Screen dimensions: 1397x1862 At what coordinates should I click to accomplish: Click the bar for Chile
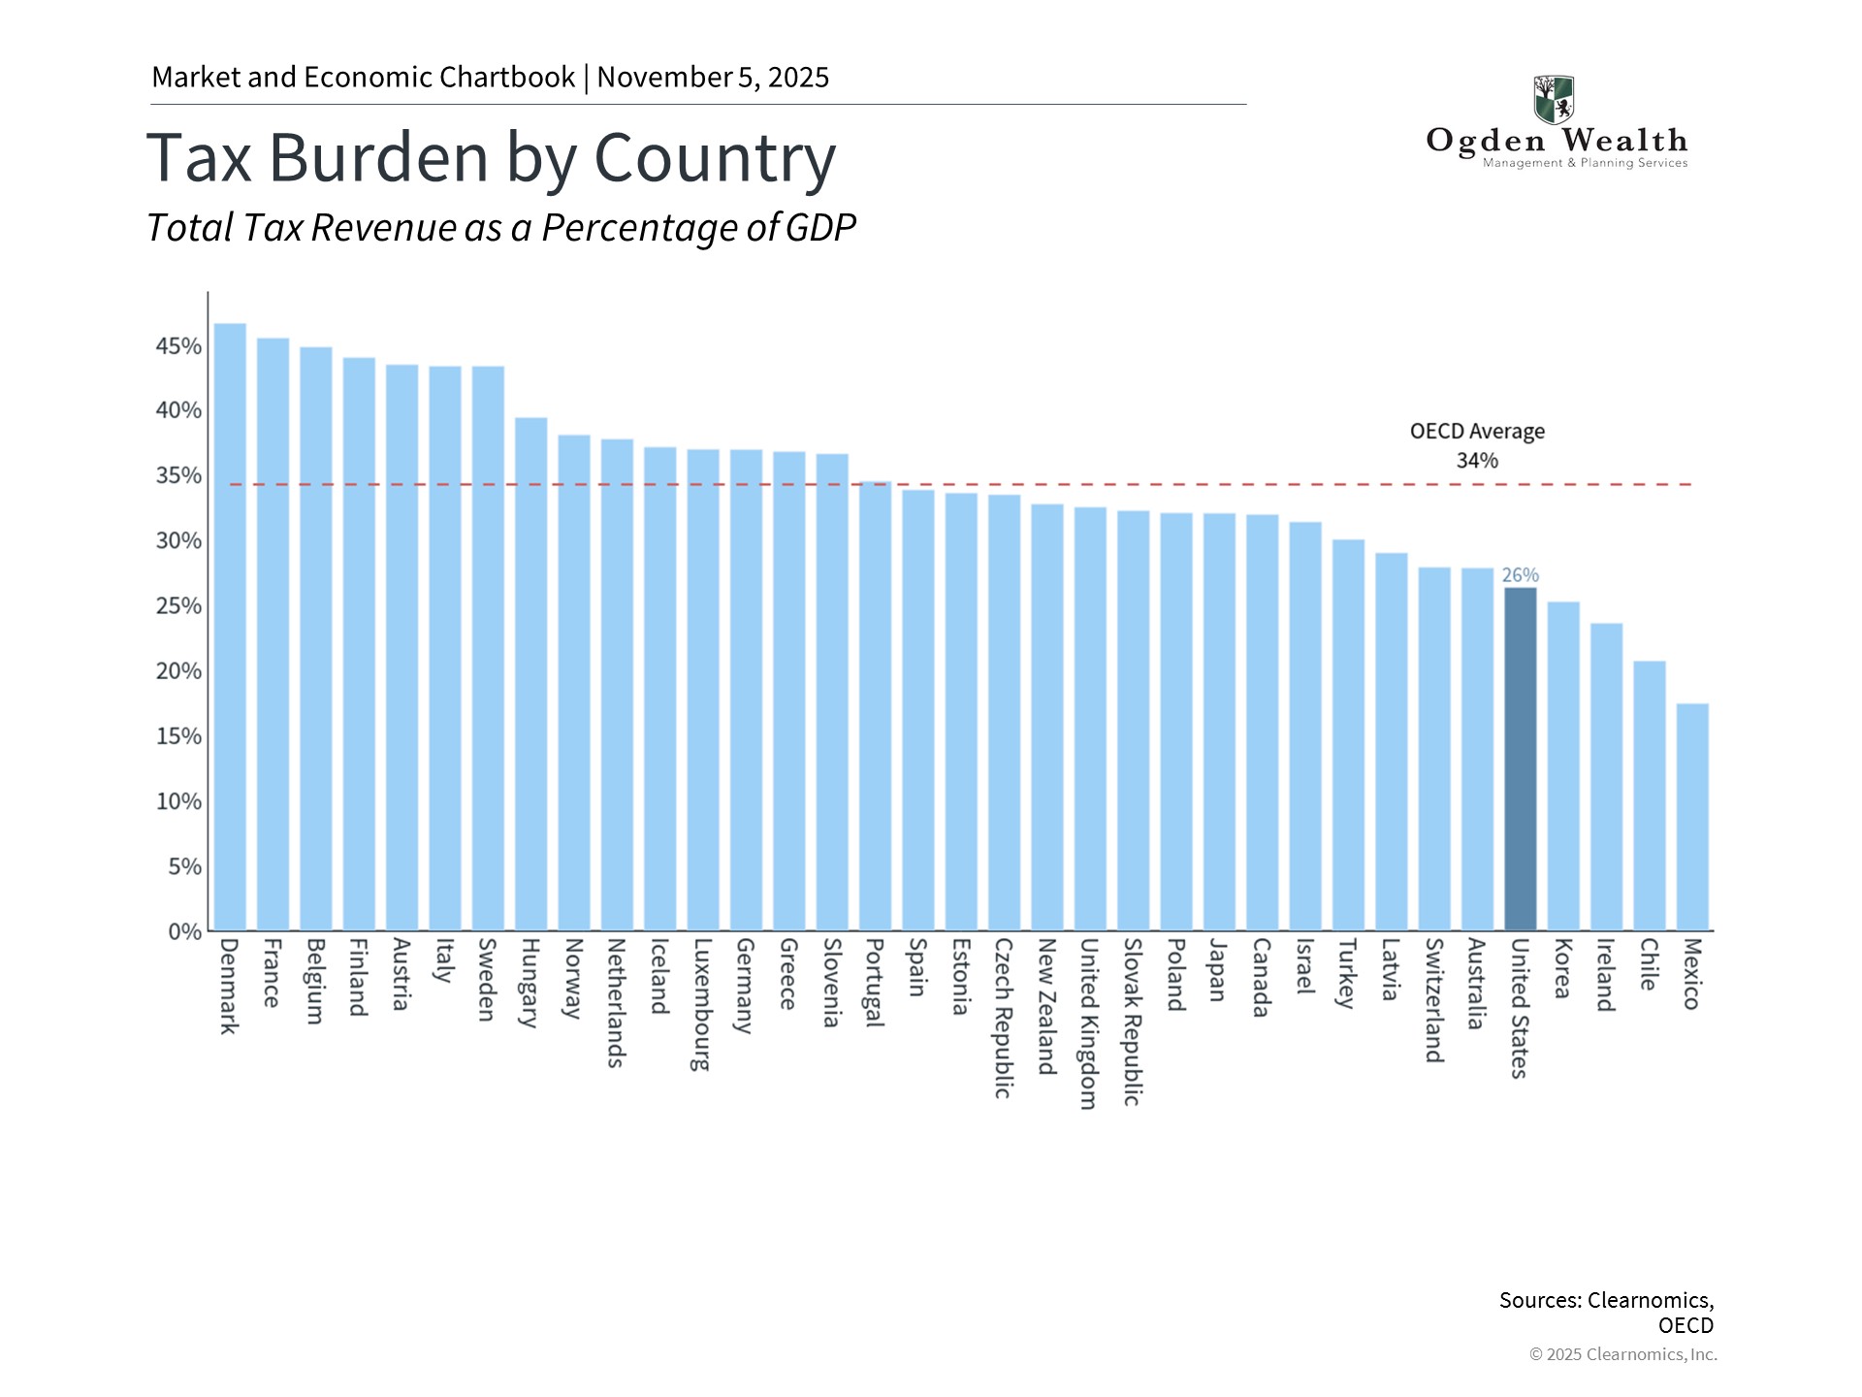click(x=1649, y=796)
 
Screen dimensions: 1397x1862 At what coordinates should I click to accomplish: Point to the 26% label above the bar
click(x=1520, y=575)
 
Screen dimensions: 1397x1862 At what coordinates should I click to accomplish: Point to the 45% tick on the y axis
click(x=178, y=346)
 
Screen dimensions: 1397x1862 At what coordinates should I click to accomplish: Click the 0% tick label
click(x=184, y=932)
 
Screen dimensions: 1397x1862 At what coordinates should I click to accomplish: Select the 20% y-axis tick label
click(x=178, y=671)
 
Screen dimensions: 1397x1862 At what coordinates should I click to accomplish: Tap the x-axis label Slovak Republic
click(x=1132, y=1021)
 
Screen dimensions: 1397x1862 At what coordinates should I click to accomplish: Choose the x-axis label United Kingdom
click(x=1089, y=1023)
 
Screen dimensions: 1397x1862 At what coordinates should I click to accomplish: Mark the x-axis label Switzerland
click(x=1434, y=999)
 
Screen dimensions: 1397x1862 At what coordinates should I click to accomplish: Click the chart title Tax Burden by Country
click(x=491, y=158)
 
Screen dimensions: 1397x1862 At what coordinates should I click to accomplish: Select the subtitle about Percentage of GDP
click(x=500, y=228)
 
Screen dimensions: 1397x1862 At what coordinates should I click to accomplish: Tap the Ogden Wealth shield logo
click(x=1554, y=99)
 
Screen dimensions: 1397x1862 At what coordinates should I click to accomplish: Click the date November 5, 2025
click(x=713, y=78)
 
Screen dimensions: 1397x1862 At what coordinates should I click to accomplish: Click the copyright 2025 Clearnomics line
click(x=1622, y=1354)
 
